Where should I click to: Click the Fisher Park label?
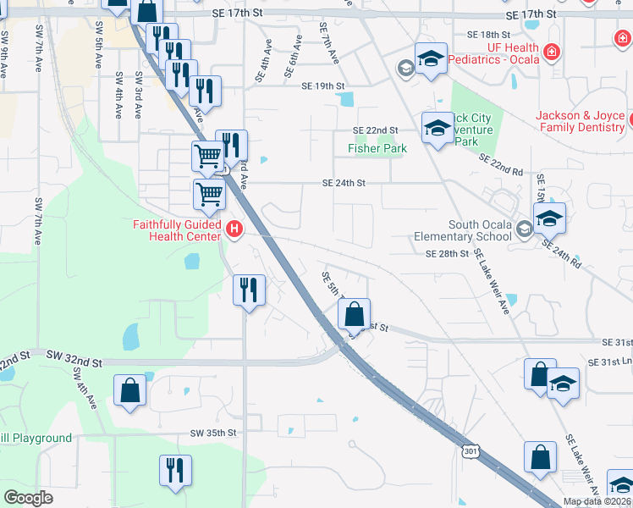[x=377, y=148]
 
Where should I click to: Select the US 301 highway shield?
[x=471, y=452]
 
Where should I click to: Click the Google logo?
[x=28, y=498]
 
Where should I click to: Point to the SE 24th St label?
[x=344, y=183]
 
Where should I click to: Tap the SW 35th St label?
[x=212, y=433]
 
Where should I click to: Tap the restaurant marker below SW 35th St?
[x=175, y=470]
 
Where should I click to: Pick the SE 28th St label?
[x=447, y=254]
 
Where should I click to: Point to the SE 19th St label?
[x=323, y=86]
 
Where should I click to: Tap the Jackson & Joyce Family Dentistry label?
[x=580, y=121]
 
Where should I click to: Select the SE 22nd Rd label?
[x=501, y=164]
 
